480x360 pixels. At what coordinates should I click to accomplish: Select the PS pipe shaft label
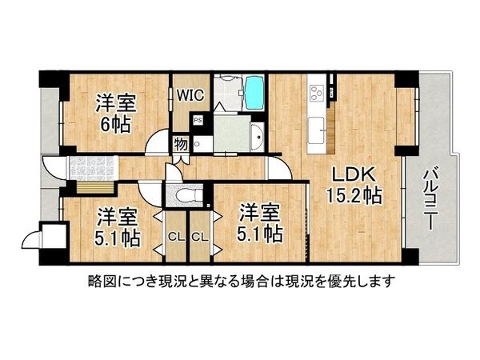197,121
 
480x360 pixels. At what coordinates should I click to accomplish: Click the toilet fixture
182,195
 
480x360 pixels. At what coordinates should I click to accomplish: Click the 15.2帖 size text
352,194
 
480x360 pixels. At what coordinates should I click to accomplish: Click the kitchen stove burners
316,90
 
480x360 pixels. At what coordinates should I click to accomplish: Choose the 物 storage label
181,144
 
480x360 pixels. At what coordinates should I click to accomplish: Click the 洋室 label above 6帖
115,102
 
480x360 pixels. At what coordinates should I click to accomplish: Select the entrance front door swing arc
52,166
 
